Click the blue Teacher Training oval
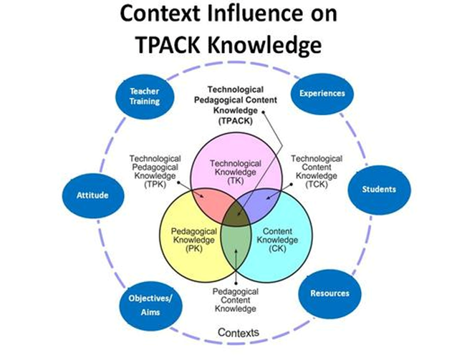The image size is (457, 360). (x=145, y=96)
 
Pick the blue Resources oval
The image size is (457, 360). (x=329, y=293)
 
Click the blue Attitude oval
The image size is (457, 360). (x=92, y=194)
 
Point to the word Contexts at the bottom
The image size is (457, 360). (x=239, y=333)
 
